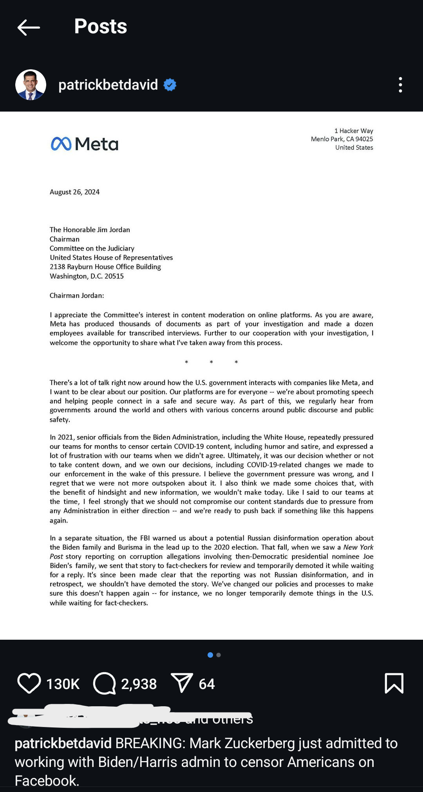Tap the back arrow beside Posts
[x=29, y=27]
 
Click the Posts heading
[x=101, y=27]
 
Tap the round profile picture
[x=31, y=85]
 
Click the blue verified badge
[x=170, y=85]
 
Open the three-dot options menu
[x=400, y=85]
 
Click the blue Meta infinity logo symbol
[x=61, y=144]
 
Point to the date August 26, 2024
[x=74, y=192]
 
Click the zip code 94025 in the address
[x=364, y=139]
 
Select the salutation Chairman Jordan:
[x=77, y=296]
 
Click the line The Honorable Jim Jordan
[x=90, y=230]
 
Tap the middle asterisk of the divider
[x=211, y=362]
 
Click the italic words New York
[x=358, y=547]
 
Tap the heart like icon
[x=29, y=683]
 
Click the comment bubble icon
[x=104, y=683]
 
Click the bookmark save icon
[x=394, y=683]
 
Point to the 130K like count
[x=63, y=684]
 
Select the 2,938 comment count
[x=139, y=684]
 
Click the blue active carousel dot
[x=210, y=655]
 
